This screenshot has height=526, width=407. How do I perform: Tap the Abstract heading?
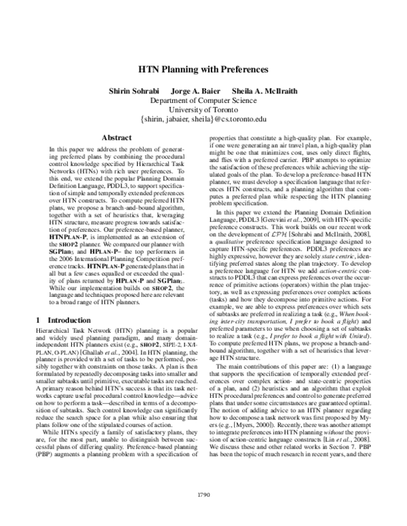[x=115, y=137]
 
